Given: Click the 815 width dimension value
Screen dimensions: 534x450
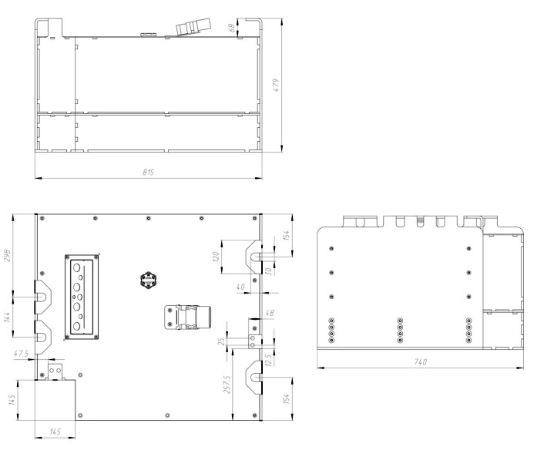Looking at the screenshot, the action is [148, 172].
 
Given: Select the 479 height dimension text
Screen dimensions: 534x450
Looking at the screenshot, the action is [276, 85].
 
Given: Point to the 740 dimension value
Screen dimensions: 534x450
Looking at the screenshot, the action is [420, 361].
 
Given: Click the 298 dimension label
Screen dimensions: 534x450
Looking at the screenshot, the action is [7, 256].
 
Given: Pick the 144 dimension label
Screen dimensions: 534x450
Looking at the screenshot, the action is [7, 317].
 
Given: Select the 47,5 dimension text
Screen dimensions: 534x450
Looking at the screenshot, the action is [21, 354].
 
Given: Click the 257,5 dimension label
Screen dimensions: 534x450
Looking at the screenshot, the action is [227, 385].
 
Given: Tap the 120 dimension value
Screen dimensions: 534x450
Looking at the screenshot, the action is [215, 257].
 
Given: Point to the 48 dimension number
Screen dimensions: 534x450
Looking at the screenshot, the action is [270, 313].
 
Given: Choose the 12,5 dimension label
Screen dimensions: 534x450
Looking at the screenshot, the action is [268, 360].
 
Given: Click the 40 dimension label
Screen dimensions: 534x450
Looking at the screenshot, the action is [240, 287].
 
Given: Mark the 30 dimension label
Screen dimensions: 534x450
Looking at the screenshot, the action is [268, 271].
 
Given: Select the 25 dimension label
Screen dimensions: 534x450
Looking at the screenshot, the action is [221, 341].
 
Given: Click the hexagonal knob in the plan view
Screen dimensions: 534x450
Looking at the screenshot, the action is [148, 280].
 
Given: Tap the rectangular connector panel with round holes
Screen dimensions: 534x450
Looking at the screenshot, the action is [82, 297].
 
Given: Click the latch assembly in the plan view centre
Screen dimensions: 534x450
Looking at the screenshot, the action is [188, 317].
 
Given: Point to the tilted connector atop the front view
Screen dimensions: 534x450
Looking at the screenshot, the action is [193, 26].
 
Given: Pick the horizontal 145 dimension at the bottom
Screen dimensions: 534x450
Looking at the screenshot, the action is [55, 432].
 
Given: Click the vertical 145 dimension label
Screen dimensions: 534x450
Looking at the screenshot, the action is [12, 400].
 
